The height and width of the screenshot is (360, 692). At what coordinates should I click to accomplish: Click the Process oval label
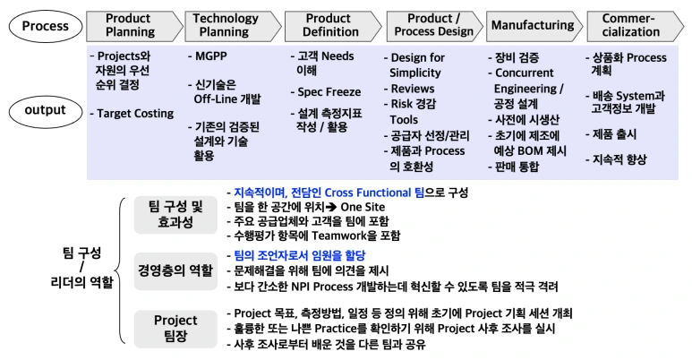pyautogui.click(x=46, y=25)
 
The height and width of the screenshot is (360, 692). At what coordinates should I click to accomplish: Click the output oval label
pyautogui.click(x=45, y=111)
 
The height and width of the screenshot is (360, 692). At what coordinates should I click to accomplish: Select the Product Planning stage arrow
pyautogui.click(x=128, y=25)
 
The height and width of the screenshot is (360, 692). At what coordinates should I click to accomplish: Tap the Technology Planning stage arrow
pyautogui.click(x=226, y=25)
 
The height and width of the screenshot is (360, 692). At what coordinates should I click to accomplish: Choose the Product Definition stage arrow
pyautogui.click(x=328, y=25)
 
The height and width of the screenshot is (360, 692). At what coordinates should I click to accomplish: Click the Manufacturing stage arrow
pyautogui.click(x=533, y=25)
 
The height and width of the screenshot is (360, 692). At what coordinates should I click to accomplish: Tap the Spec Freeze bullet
pyautogui.click(x=329, y=91)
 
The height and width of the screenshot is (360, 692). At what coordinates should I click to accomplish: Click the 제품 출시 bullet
pyautogui.click(x=616, y=133)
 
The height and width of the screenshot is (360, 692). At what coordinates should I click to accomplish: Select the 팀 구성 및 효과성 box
pyautogui.click(x=175, y=214)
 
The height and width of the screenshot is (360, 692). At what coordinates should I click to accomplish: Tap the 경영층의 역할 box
pyautogui.click(x=175, y=269)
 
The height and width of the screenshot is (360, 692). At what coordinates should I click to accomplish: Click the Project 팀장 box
pyautogui.click(x=175, y=328)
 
